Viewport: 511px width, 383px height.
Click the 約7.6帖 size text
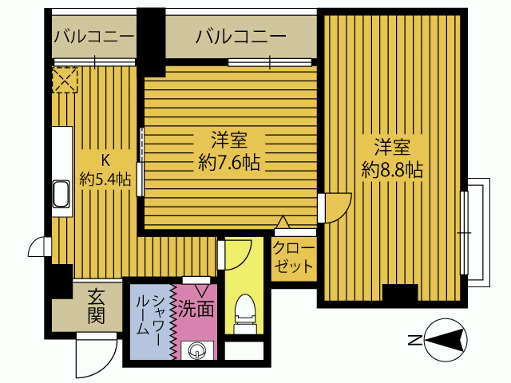(x=230, y=164)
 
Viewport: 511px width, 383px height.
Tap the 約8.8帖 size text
(x=392, y=169)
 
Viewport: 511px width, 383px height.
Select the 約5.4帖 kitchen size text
(x=105, y=179)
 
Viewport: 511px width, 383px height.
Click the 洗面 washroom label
(x=196, y=307)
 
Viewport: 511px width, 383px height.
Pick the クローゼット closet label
(x=294, y=257)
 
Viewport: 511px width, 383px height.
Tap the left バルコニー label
(x=93, y=37)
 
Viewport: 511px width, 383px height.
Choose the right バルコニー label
(x=240, y=37)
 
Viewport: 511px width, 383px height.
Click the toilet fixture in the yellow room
(x=244, y=311)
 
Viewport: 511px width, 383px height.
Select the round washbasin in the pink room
(x=196, y=349)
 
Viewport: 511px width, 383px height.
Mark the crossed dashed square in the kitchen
(x=64, y=79)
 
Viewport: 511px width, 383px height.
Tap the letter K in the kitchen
(x=105, y=157)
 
